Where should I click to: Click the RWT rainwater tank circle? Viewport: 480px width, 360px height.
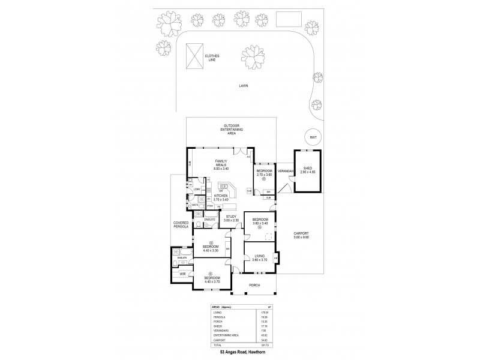tap(313, 137)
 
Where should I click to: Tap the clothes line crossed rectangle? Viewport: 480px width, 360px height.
tap(195, 56)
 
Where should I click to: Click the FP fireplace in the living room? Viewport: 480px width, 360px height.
tap(275, 259)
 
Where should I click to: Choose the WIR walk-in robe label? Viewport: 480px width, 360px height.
tap(182, 274)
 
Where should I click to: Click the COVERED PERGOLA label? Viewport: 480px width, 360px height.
tap(181, 224)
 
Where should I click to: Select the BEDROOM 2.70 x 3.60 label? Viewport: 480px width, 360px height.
tap(265, 172)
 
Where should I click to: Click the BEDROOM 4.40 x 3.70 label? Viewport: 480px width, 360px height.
tap(211, 280)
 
